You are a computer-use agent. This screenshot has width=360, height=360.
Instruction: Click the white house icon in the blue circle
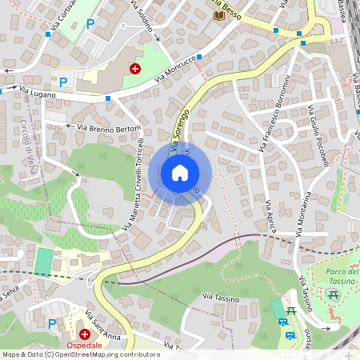pos(180,172)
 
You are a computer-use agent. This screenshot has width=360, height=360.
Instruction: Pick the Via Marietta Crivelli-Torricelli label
pos(134,184)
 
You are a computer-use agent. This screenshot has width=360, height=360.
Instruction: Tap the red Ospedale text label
pos(84,345)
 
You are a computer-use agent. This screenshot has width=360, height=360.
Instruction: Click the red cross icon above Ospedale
pos(84,333)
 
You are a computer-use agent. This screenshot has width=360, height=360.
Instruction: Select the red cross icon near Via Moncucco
pos(135,69)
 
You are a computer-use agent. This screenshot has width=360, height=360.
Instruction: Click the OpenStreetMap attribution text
pos(80,354)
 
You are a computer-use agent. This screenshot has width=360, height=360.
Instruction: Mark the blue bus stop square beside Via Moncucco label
pos(199,57)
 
